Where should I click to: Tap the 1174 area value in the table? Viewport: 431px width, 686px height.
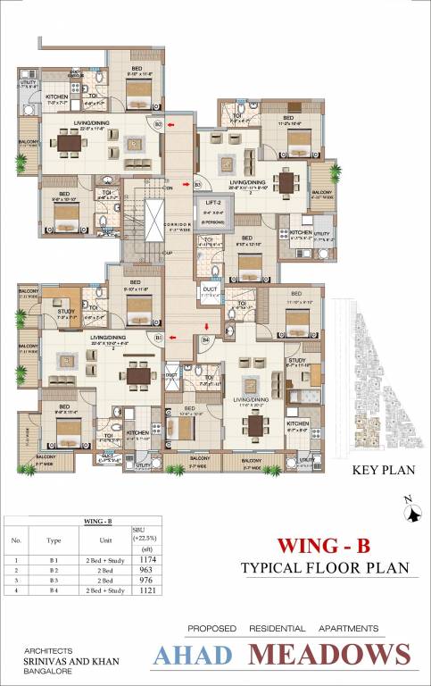click(138, 559)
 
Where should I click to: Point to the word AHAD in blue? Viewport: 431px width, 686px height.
click(193, 655)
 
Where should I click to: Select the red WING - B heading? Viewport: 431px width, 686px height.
click(313, 544)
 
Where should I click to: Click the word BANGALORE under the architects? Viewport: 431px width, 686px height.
click(40, 673)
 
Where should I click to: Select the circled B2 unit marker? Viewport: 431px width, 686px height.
click(158, 124)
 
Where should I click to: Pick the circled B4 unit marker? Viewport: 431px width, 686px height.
click(205, 339)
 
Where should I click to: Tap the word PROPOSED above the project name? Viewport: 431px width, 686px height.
click(211, 628)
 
